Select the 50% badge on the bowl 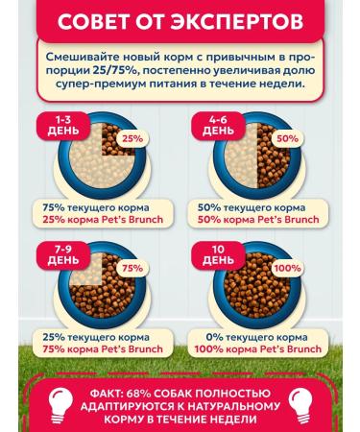point(286,138)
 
